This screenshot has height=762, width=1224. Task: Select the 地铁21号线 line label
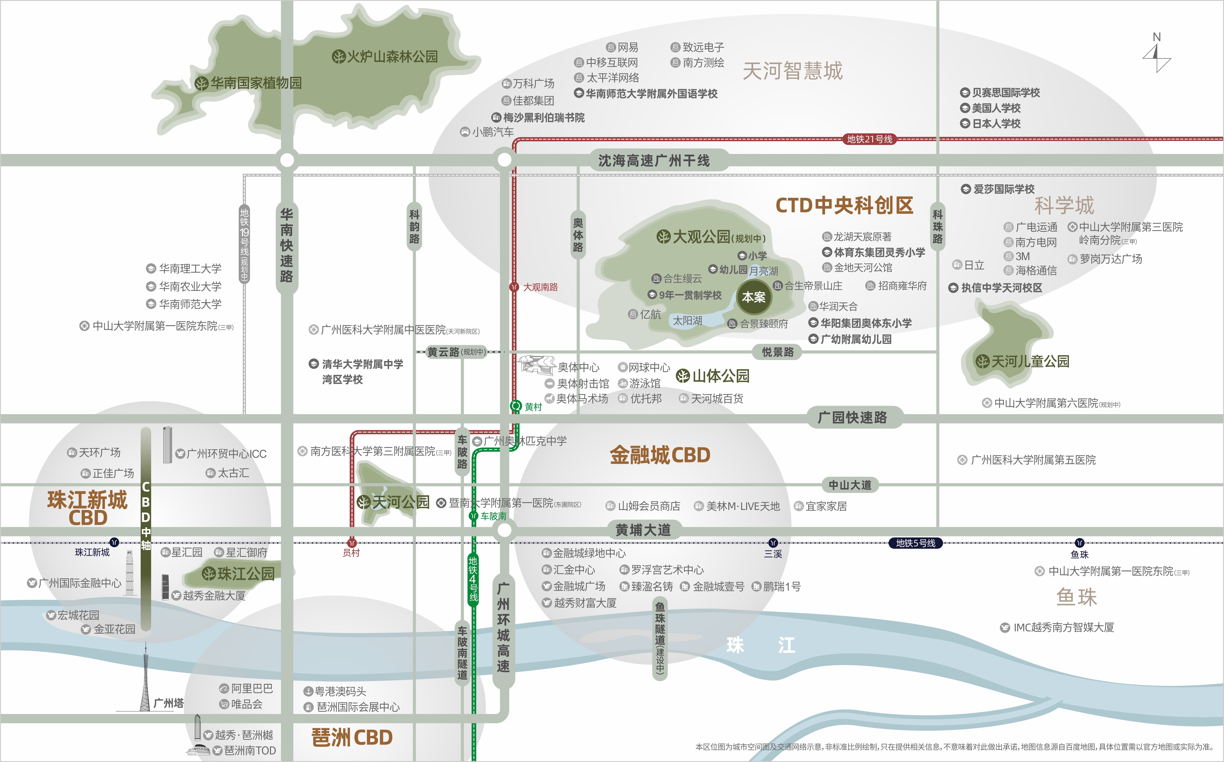pyautogui.click(x=869, y=139)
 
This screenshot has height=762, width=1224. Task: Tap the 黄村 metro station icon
pyautogui.click(x=516, y=406)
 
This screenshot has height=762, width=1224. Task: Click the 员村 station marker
pyautogui.click(x=352, y=543)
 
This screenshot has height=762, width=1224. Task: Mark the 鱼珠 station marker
pyautogui.click(x=1079, y=543)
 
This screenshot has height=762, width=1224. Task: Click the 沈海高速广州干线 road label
pyautogui.click(x=654, y=161)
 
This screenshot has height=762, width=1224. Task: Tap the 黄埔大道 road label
pyautogui.click(x=643, y=530)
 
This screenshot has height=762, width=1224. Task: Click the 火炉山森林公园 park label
pyautogui.click(x=385, y=56)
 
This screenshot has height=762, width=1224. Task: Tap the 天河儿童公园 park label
pyautogui.click(x=1023, y=361)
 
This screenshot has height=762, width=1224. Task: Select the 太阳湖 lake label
pyautogui.click(x=688, y=320)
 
